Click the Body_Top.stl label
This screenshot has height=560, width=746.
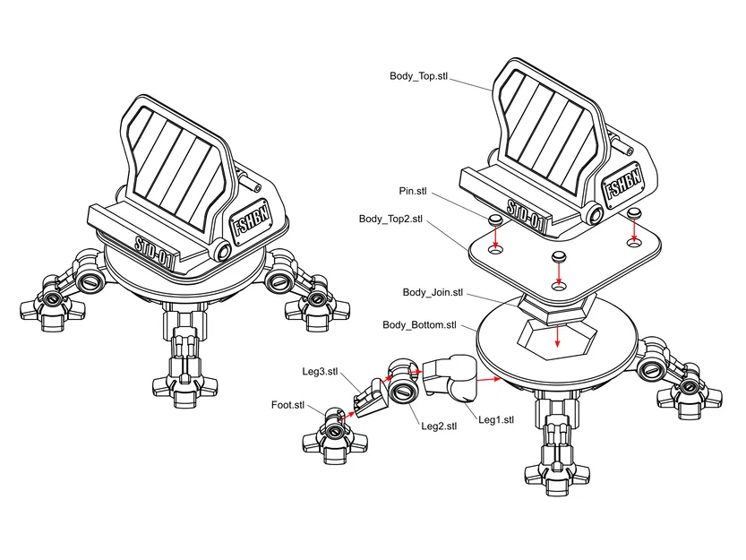coord(417,76)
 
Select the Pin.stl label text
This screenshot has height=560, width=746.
coord(413,191)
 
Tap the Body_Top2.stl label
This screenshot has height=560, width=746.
coord(390,219)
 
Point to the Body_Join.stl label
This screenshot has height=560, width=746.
coord(433,292)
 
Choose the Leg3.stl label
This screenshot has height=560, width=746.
coord(320,371)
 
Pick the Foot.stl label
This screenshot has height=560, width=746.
coord(287,404)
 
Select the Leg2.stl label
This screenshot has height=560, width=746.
coord(439,426)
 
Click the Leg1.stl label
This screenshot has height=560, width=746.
coord(496,419)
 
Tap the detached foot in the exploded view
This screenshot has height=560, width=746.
coord(331,436)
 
